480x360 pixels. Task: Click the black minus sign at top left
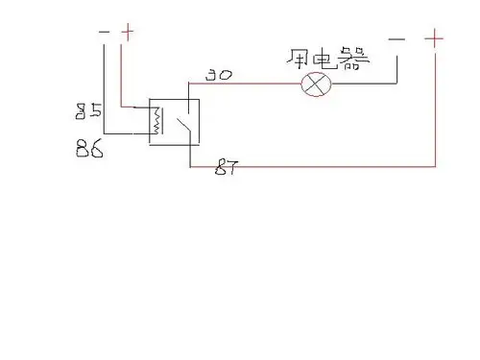(x=105, y=32)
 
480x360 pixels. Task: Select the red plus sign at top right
(x=435, y=38)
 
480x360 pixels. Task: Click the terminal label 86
(x=90, y=149)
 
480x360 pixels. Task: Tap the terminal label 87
(x=226, y=170)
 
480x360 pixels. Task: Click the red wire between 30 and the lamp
(x=259, y=84)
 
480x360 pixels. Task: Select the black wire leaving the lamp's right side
(x=365, y=84)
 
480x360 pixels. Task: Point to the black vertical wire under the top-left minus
(x=104, y=86)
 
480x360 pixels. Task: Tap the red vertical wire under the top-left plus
(x=120, y=72)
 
